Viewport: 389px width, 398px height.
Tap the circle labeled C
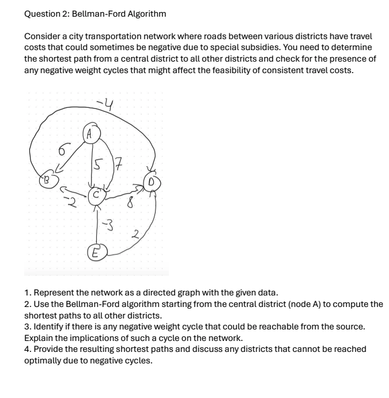pos(96,195)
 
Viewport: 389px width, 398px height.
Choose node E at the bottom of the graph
pos(95,252)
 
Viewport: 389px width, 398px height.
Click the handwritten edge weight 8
pos(131,203)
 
